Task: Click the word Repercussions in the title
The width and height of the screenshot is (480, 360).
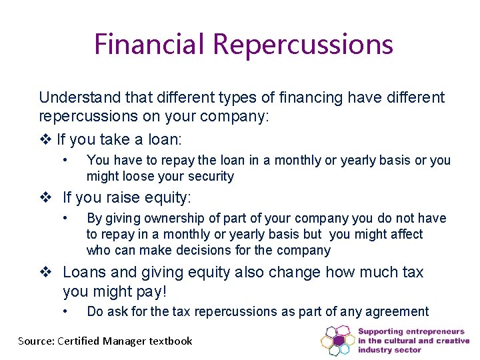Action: (303, 45)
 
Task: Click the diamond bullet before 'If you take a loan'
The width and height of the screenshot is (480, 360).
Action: (45, 140)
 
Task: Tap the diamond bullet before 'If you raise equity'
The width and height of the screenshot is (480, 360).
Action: (45, 197)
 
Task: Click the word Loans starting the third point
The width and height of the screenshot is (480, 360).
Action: (85, 272)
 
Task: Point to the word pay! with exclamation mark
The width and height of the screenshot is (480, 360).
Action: (152, 291)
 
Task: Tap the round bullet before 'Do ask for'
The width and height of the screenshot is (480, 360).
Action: (65, 311)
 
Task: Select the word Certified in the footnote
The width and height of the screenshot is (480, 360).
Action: (83, 341)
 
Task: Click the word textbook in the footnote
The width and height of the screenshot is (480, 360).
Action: (171, 341)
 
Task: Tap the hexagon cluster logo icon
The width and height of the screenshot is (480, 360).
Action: (337, 340)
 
